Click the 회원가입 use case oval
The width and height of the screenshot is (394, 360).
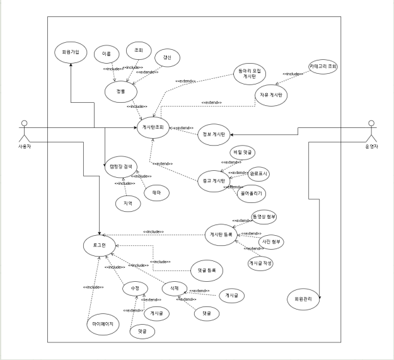click(70, 51)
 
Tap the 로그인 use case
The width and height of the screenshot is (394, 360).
click(100, 244)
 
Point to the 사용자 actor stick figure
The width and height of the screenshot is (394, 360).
click(24, 131)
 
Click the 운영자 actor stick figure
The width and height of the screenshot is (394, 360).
click(371, 132)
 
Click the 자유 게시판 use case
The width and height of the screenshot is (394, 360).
click(272, 95)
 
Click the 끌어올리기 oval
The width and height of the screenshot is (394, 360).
click(251, 193)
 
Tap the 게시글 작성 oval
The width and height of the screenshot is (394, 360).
click(261, 264)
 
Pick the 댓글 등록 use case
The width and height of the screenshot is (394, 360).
click(207, 270)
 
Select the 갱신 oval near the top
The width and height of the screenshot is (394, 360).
click(166, 58)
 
